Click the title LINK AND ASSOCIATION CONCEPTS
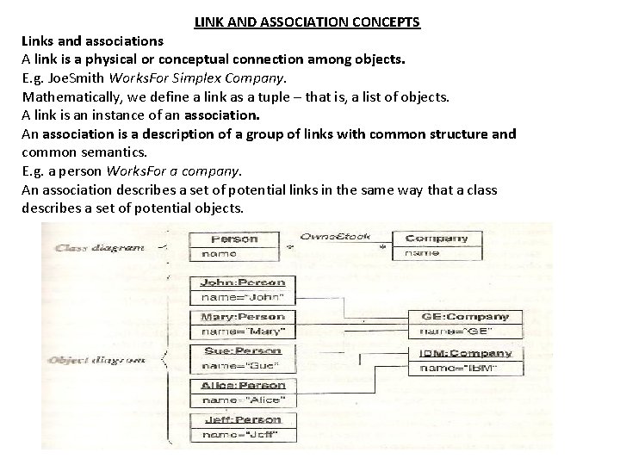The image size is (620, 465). point(307,21)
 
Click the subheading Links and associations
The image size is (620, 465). point(92,40)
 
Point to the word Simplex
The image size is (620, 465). point(214,78)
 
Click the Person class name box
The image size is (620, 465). point(234,239)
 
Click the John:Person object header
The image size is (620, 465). point(242,282)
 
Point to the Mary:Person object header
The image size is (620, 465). point(242,316)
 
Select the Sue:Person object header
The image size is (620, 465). point(242,350)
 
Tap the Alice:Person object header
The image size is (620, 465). point(242,385)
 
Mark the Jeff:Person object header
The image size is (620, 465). point(242,419)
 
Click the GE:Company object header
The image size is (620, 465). point(465,316)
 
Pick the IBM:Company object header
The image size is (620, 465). point(465,353)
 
